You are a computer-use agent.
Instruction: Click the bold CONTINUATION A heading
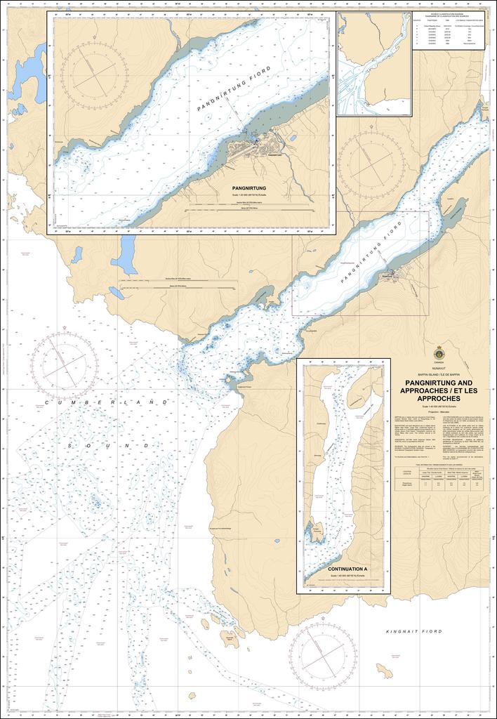343,568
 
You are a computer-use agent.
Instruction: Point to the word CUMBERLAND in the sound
110,402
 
